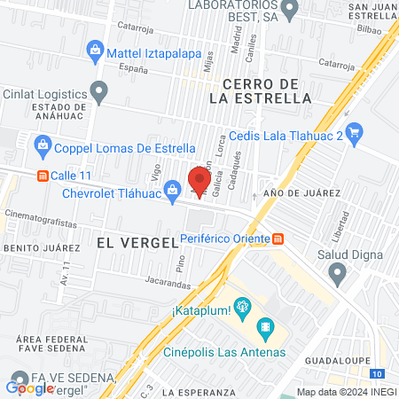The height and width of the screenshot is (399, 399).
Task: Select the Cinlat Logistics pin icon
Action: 99,90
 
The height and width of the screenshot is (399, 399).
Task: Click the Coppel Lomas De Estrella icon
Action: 41,143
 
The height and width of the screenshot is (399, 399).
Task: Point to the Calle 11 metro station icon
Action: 41,176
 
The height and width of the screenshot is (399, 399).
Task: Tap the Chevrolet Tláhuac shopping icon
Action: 174,186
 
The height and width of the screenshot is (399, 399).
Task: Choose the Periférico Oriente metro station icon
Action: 278,238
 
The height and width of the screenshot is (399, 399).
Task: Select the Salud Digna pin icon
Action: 337,275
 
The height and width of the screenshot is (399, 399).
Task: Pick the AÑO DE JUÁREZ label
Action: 302,192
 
